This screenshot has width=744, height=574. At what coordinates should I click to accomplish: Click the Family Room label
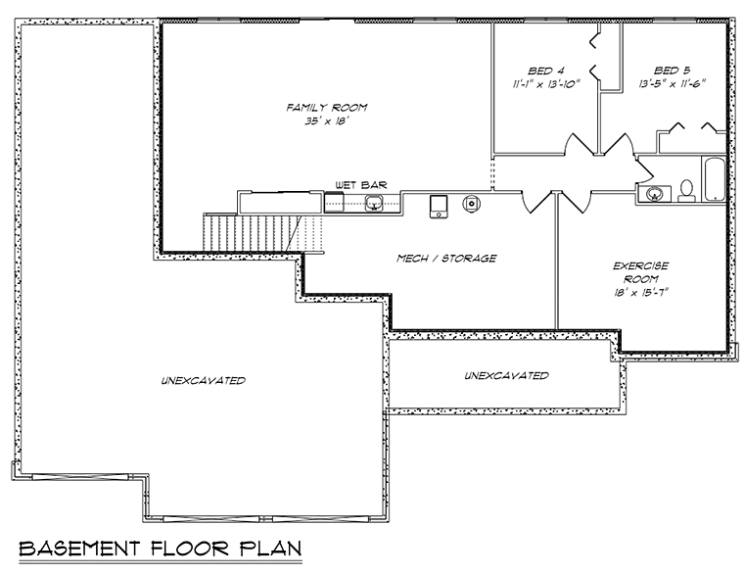326,108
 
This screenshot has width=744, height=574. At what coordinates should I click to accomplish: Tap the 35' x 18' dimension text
324,121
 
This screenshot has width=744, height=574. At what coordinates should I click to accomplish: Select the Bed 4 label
546,72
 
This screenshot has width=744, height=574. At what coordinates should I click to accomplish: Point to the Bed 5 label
672,71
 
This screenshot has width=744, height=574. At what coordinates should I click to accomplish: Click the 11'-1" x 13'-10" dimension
546,84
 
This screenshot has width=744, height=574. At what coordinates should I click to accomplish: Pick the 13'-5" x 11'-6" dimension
673,84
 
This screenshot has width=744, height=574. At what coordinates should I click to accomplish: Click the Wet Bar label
361,185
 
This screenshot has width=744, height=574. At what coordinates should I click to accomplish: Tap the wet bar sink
374,203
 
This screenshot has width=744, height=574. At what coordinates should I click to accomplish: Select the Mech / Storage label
446,259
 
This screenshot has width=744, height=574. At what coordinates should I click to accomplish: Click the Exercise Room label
640,272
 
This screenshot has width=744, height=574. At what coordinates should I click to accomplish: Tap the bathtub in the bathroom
714,180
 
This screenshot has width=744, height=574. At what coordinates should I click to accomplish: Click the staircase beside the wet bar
263,232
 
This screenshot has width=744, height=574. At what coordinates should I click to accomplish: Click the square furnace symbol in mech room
439,207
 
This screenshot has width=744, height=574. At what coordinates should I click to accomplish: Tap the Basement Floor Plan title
161,549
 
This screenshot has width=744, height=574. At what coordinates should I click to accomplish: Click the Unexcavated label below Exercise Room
506,375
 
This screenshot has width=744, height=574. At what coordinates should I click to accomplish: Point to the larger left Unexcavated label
204,380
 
